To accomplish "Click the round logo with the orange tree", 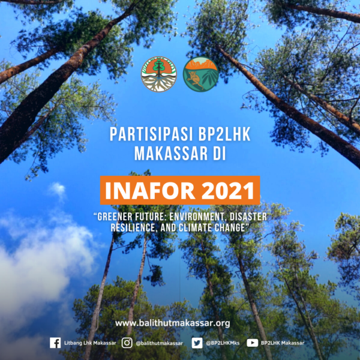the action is point(159,74).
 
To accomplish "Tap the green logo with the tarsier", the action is point(201,74).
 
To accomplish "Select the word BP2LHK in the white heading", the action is point(224,134).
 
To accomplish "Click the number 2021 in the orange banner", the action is point(228,191).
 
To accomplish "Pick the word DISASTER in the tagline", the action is point(248,217).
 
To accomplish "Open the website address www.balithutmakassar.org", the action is point(173,323).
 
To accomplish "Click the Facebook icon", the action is point(55,343).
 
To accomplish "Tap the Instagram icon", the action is point(127,343).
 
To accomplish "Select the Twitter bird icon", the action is point(197,343).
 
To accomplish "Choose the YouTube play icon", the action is point(253,343).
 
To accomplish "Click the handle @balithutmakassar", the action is point(159,343).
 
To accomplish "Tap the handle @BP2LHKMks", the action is point(223,343).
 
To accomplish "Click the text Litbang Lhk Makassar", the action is point(90,343).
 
